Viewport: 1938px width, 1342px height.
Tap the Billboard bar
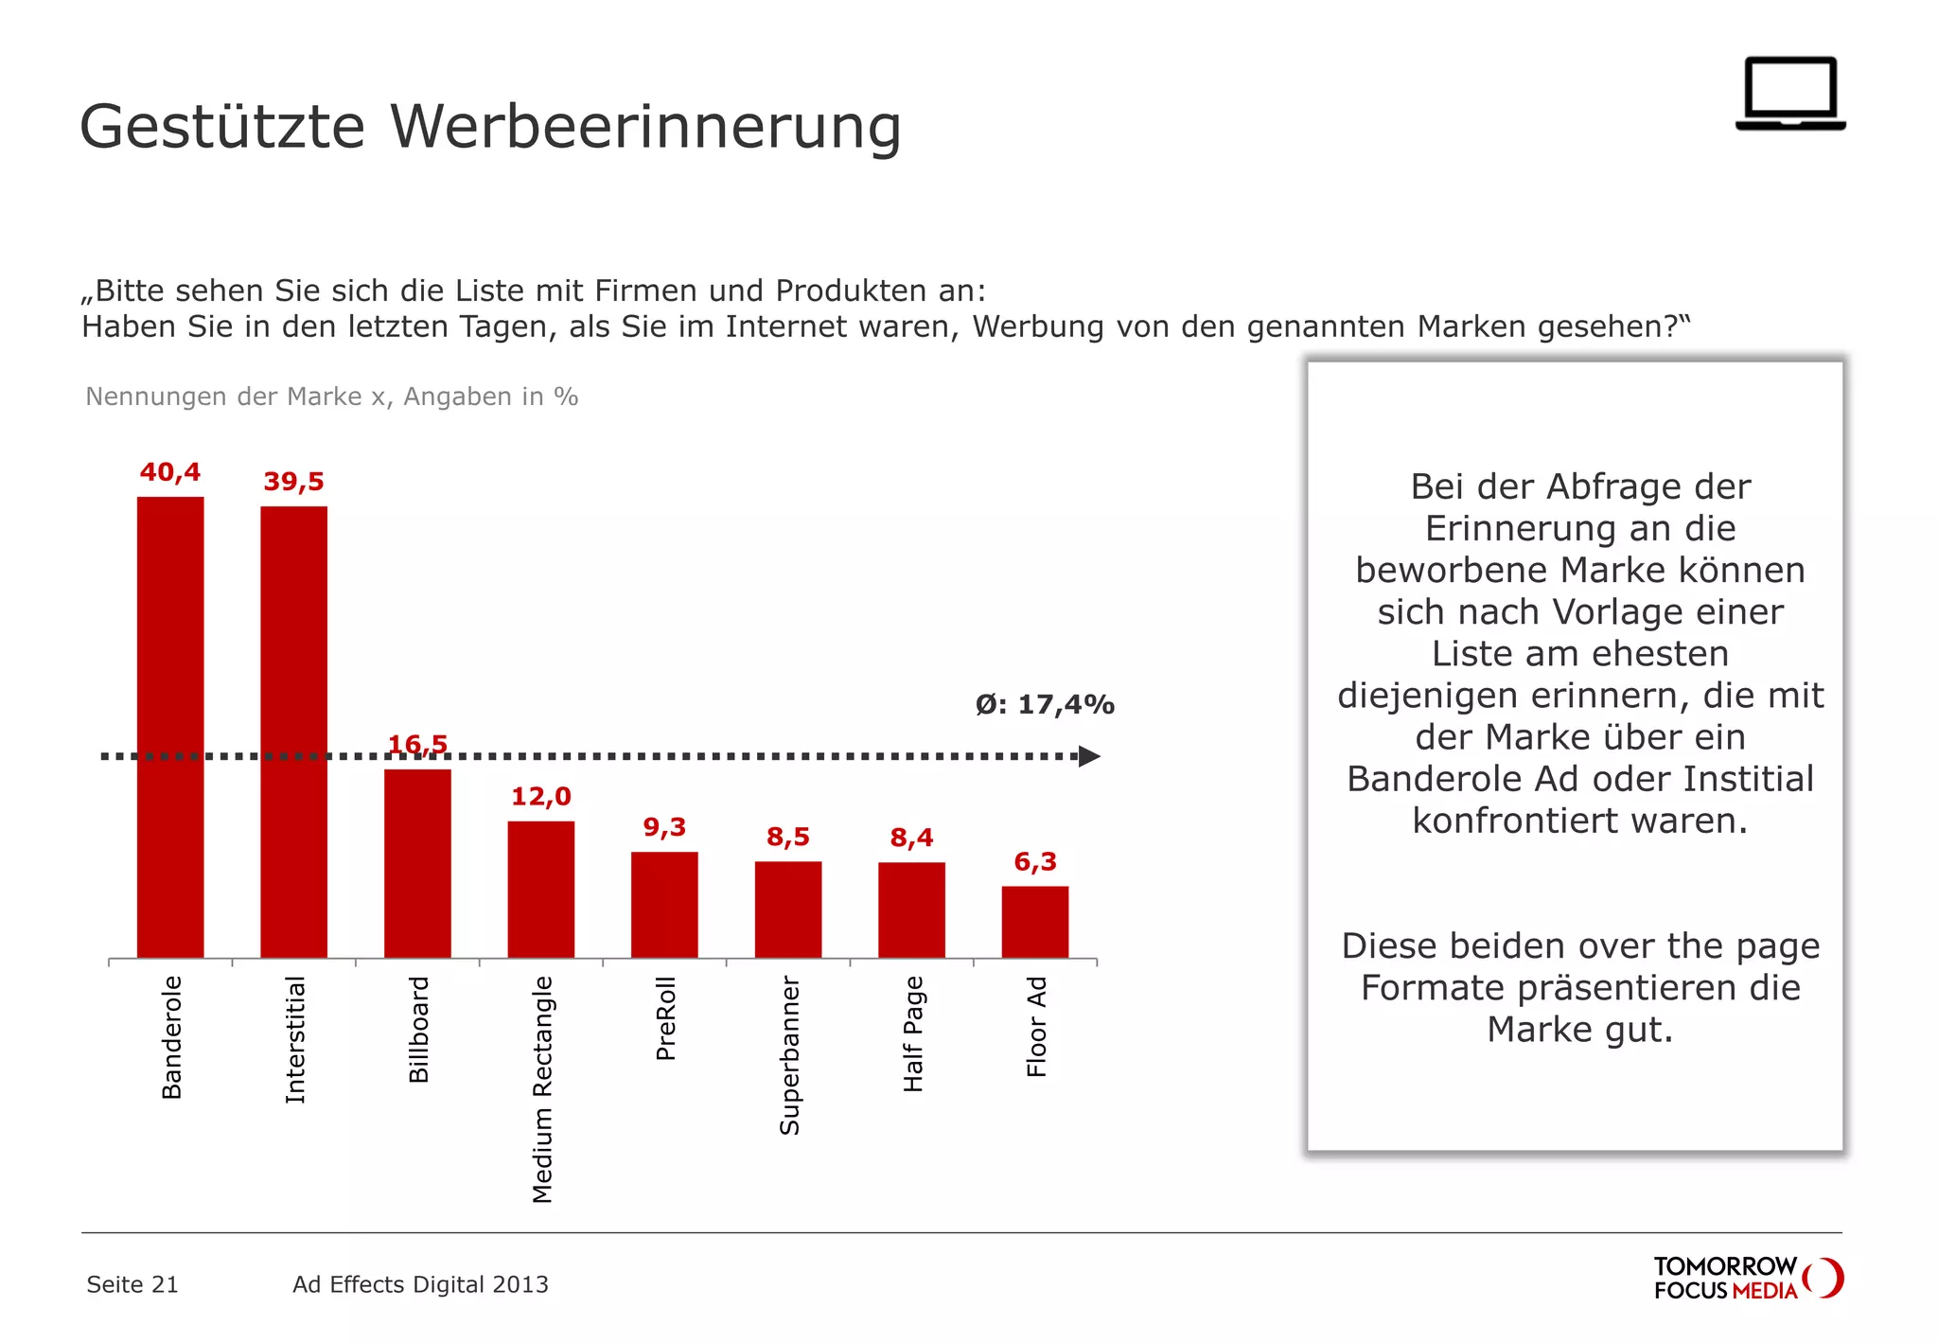click(x=417, y=863)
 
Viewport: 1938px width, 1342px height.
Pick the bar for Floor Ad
click(x=1035, y=922)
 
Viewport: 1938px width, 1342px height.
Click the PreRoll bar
click(x=664, y=905)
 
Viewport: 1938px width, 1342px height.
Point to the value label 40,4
click(x=170, y=472)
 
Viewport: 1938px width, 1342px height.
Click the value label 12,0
click(x=541, y=797)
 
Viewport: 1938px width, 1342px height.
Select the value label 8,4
click(x=911, y=838)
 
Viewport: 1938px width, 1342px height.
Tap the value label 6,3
click(x=1035, y=862)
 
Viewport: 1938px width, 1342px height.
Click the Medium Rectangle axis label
click(x=542, y=1089)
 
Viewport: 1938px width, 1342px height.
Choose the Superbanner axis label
click(x=789, y=1055)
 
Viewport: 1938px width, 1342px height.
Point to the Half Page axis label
click(x=912, y=1033)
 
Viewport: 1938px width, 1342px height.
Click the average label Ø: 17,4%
click(x=1045, y=705)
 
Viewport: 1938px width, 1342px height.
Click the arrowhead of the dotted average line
click(x=1089, y=756)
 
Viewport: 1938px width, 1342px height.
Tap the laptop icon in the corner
click(x=1790, y=94)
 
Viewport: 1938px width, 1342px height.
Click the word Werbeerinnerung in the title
click(x=645, y=127)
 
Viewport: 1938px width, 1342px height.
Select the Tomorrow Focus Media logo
click(x=1748, y=1278)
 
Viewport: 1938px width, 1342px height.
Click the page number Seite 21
click(x=132, y=1284)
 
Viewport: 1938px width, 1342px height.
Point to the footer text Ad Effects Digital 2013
click(x=420, y=1284)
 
